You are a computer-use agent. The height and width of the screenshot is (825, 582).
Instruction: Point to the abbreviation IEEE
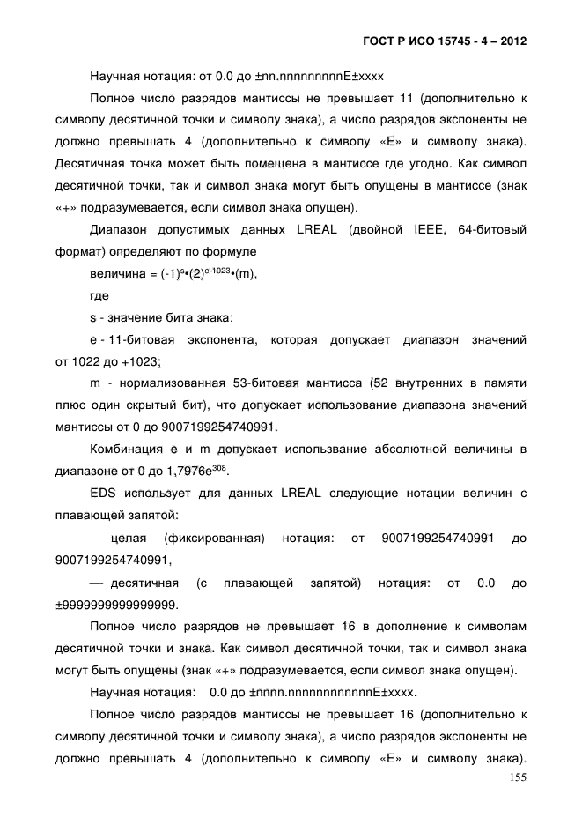[430, 230]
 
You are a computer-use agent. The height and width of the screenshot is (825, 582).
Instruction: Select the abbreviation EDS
[105, 494]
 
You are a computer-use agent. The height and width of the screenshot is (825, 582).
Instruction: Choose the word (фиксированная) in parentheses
[215, 538]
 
